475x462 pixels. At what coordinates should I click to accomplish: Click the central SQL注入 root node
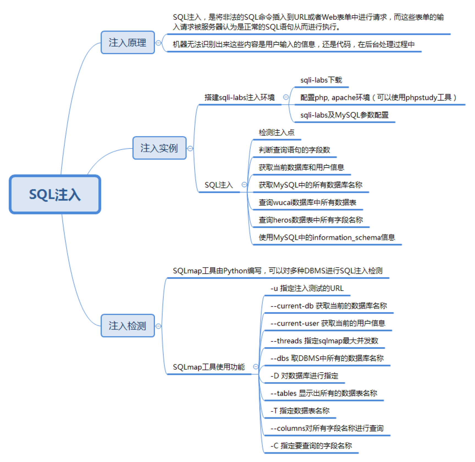point(55,194)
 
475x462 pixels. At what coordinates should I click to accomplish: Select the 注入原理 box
point(128,43)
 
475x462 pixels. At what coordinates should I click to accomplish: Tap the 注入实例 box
point(159,148)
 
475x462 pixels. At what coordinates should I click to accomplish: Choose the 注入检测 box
point(128,326)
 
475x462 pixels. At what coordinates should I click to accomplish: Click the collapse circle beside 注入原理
point(158,43)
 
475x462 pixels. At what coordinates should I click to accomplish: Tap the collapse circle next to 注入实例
point(190,149)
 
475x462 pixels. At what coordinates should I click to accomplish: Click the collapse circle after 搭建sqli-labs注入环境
point(286,97)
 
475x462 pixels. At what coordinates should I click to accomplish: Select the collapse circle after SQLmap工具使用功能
point(256,367)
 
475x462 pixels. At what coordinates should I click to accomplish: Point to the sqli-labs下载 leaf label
point(321,80)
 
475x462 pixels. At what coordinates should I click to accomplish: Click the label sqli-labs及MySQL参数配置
point(344,115)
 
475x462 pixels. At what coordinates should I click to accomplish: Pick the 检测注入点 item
point(277,132)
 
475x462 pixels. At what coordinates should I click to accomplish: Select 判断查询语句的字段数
point(294,150)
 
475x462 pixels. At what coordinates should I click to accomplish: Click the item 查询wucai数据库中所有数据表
point(307,202)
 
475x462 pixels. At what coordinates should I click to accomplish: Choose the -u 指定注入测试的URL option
point(307,288)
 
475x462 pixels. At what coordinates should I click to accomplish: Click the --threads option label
point(324,341)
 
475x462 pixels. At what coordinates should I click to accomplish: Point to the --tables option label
point(324,393)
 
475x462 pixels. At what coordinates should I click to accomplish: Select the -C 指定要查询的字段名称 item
point(311,446)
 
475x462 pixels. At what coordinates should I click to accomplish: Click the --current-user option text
point(328,323)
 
